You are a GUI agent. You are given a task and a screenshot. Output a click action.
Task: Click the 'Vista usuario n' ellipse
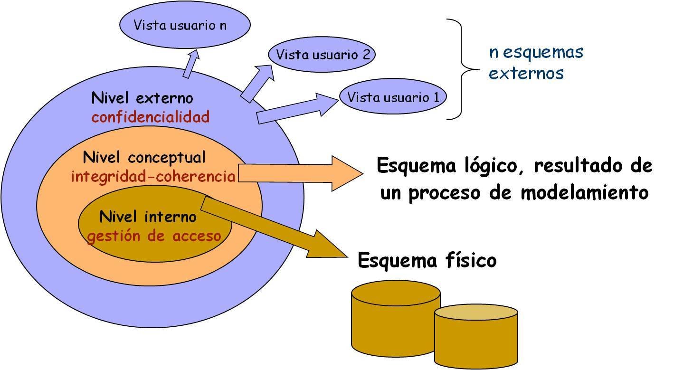pos(184,26)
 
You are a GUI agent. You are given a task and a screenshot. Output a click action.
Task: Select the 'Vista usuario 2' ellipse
pos(322,55)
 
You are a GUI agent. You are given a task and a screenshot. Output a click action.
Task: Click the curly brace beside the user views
pos(462,69)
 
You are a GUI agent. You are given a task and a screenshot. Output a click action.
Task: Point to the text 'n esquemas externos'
pos(535,62)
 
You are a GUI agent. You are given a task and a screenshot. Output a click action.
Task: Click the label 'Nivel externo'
pos(142,98)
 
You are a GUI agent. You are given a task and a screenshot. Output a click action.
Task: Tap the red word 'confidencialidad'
pos(151,117)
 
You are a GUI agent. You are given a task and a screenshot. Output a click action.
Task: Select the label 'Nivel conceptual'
pos(144,157)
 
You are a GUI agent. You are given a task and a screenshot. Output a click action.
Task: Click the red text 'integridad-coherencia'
pos(153,177)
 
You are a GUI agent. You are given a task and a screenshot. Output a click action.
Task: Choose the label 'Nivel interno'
pos(148,217)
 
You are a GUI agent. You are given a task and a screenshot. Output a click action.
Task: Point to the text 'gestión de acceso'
pos(154,236)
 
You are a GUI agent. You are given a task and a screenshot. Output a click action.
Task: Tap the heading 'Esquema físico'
pos(427,260)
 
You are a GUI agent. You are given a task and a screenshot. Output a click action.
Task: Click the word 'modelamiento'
pos(584,193)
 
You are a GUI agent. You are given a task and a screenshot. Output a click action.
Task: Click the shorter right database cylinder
pos(476,335)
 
